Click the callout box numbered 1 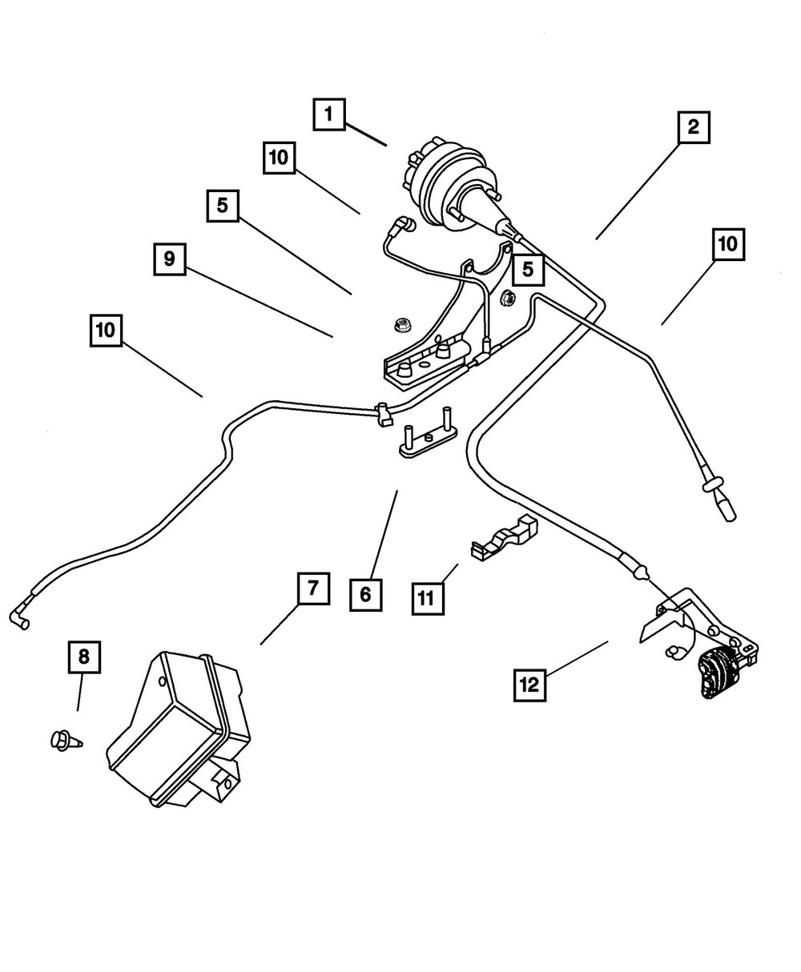(328, 114)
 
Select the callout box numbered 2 (693, 127)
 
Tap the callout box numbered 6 (365, 593)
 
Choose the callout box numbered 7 (312, 590)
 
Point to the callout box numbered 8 (83, 658)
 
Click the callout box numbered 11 (428, 597)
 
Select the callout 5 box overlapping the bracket (527, 270)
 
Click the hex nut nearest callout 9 (401, 325)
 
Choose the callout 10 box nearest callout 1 (279, 159)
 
